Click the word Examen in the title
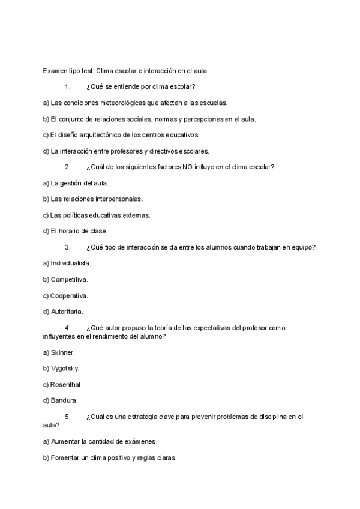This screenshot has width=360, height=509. coord(56,71)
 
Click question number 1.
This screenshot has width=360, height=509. coord(68,87)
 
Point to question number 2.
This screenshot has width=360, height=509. coord(68,167)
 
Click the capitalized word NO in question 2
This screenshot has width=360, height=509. coord(187,167)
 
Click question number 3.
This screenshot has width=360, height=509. coord(68,247)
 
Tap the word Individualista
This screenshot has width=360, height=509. coord(71,263)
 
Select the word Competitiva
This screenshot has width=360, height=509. coord(69,279)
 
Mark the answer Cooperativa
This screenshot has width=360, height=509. coord(69,295)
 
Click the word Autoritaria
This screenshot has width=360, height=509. coord(67,312)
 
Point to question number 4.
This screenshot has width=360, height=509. coord(68,328)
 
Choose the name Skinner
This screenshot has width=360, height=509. coord(62,352)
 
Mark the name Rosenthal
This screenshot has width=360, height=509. coord(66,384)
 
